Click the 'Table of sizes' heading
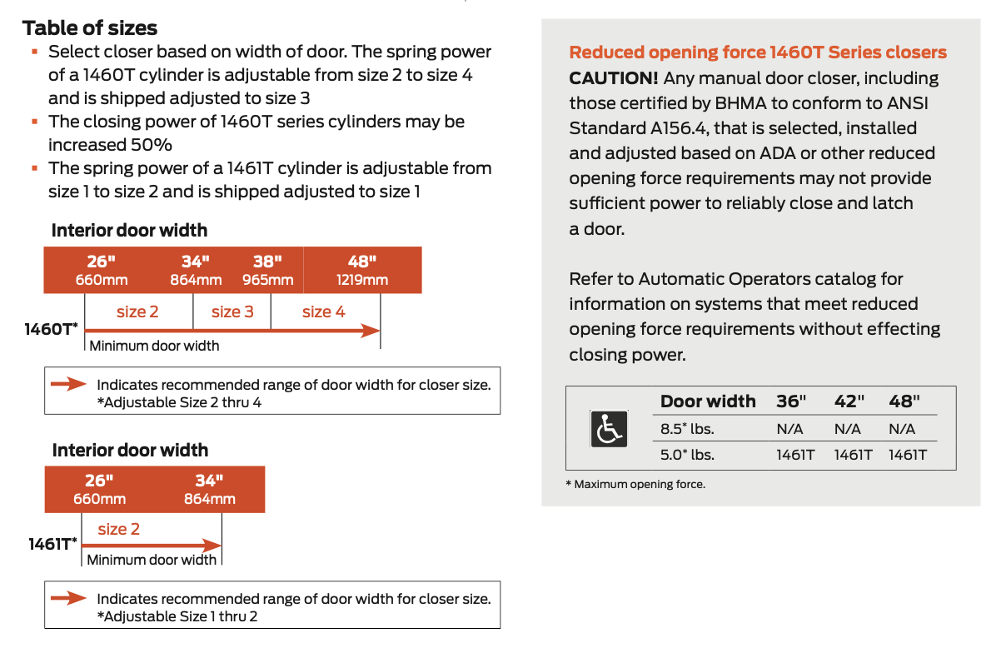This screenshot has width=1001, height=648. [90, 27]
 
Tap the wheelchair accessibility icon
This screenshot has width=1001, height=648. [608, 430]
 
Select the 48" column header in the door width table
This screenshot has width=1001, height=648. [904, 401]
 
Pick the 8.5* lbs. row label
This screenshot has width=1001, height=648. [687, 429]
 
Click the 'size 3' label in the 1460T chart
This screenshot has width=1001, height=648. [232, 312]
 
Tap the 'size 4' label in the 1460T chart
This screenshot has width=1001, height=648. [323, 312]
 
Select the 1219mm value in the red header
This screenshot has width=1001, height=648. [362, 280]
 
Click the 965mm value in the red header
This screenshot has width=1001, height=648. [268, 280]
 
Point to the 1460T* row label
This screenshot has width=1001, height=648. [52, 330]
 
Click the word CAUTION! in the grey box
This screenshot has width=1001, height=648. [614, 78]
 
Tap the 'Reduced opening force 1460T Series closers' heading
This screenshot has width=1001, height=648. [758, 52]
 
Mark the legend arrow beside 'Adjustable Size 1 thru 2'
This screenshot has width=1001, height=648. [69, 598]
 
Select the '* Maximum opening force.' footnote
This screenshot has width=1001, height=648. [635, 484]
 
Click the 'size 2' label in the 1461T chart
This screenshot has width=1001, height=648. [119, 529]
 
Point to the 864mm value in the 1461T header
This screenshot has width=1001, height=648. [210, 499]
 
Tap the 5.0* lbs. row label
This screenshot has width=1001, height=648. [687, 455]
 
